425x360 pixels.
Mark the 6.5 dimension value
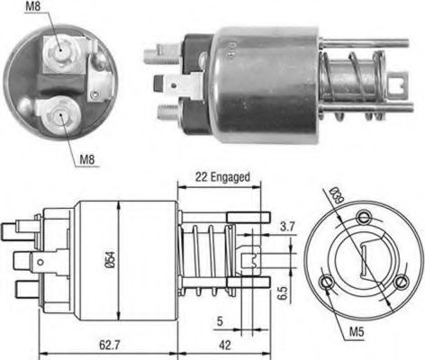point(282,293)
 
